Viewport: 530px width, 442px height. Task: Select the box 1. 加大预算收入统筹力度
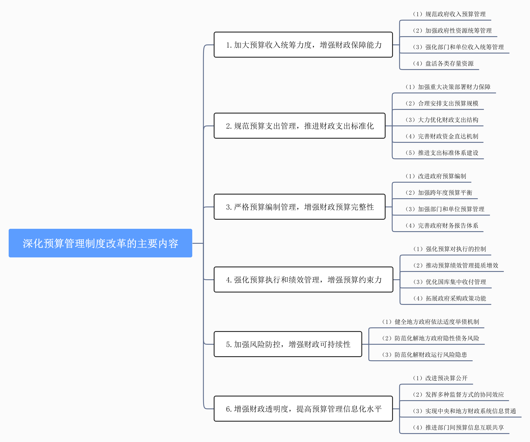coord(303,45)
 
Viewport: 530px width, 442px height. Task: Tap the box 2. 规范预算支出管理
coord(299,126)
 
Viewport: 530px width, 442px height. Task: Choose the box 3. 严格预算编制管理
coord(299,207)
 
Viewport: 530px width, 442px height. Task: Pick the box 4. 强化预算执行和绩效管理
coord(303,279)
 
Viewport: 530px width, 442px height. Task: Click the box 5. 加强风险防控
coord(288,344)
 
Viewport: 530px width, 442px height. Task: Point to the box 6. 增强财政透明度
coord(303,409)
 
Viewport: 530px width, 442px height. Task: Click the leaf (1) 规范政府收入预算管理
coord(449,14)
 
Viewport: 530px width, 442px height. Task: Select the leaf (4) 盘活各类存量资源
coord(443,63)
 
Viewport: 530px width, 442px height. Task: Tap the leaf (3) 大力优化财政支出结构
coord(442,120)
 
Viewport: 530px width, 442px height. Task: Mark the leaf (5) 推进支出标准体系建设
coord(442,153)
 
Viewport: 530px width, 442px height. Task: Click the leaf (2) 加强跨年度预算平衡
coord(439,192)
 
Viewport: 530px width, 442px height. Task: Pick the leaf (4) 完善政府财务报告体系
coord(442,225)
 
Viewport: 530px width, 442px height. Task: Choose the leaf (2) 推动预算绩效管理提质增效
coord(456,265)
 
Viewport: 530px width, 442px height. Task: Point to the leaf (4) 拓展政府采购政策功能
coord(449,298)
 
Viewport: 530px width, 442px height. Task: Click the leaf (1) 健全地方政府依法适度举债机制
coord(430,322)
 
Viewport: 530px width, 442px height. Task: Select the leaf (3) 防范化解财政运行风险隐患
coord(424,355)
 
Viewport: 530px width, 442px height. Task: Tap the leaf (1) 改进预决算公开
coord(440,378)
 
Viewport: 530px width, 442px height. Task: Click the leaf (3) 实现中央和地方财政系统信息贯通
coord(464,411)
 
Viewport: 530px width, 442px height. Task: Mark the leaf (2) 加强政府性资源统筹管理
coord(452,31)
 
